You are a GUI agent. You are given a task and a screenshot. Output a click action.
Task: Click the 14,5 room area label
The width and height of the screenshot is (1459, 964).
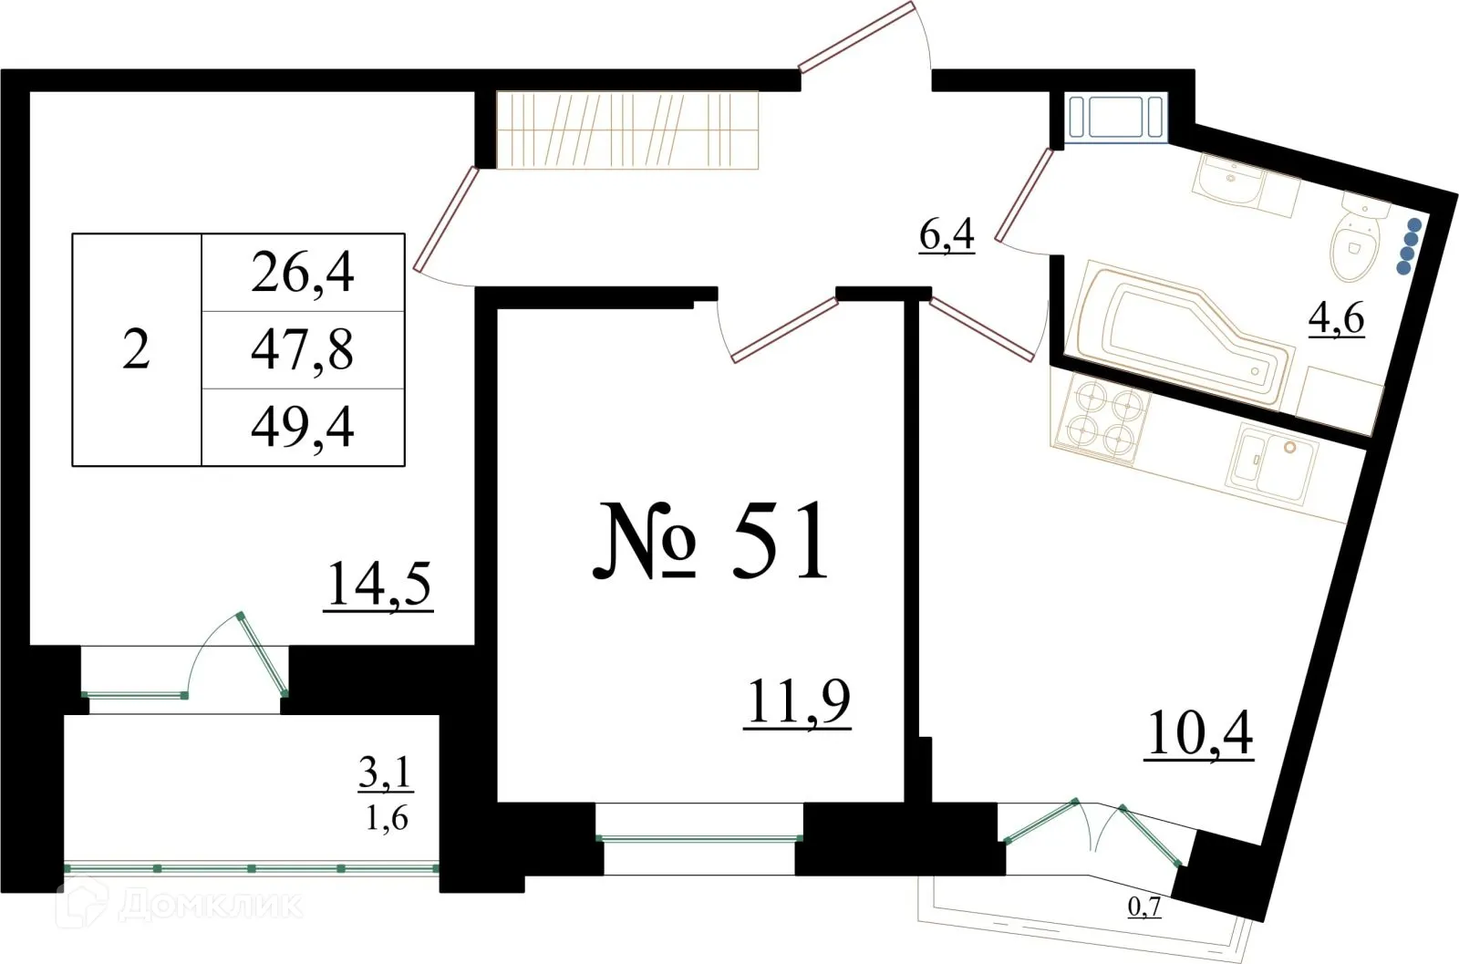tap(378, 584)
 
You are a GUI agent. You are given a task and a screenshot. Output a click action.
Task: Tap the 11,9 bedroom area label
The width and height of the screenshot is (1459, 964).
tap(797, 701)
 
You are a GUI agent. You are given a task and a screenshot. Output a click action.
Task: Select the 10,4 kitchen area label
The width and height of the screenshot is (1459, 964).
tap(1199, 732)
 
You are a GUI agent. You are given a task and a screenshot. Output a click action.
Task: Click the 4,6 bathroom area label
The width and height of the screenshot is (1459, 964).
tap(1336, 317)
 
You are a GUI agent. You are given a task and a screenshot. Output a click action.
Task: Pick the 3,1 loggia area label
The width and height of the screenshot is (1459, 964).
tap(385, 773)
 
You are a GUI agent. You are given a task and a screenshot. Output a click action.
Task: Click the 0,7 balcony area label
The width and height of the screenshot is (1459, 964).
tap(1144, 907)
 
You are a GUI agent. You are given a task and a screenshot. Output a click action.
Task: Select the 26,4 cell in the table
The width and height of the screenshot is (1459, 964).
tap(302, 273)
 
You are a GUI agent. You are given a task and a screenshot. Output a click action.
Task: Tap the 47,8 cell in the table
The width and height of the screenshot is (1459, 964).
tap(302, 350)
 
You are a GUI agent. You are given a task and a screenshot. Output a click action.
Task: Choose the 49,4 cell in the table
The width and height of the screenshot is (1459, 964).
tap(302, 428)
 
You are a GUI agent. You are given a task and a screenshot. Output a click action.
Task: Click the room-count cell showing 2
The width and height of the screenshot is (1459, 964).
tap(136, 350)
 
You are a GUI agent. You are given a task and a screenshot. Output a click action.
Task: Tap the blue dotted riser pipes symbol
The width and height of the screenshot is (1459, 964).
tap(1410, 246)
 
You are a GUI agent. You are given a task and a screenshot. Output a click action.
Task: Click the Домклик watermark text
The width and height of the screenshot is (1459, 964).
tap(209, 905)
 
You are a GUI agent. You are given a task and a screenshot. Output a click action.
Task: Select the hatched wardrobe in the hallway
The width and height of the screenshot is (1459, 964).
tap(627, 130)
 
